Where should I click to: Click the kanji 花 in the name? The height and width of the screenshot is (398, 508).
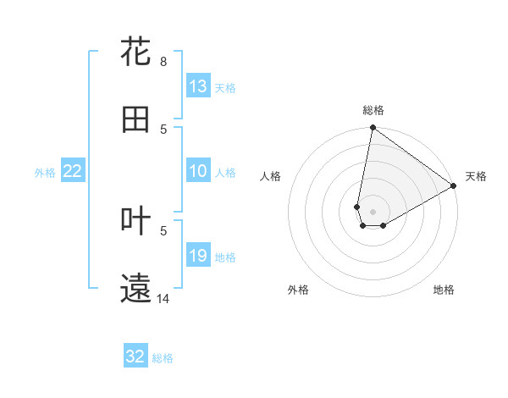[136, 52]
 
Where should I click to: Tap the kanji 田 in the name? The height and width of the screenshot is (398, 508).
[136, 119]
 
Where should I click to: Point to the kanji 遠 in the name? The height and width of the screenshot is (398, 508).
[136, 289]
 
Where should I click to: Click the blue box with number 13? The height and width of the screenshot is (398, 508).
[198, 86]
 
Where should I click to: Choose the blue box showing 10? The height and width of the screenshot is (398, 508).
[198, 172]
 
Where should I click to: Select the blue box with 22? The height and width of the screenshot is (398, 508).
[73, 172]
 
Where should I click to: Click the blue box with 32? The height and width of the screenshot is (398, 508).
[135, 357]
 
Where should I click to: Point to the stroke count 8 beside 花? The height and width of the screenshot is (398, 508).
[163, 62]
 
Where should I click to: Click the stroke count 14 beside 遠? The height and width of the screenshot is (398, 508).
[163, 299]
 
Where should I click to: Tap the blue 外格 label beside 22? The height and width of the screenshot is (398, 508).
[45, 173]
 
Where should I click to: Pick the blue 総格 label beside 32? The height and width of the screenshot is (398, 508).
[163, 358]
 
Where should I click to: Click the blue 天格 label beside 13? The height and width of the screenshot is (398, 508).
[224, 87]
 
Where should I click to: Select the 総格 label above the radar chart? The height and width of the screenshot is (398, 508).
[373, 110]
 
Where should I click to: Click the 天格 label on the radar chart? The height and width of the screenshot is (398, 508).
[476, 176]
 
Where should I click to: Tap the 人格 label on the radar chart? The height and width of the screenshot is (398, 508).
[271, 176]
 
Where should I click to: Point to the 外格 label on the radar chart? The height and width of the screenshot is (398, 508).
[298, 290]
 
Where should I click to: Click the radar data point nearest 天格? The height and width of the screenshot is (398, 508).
[454, 186]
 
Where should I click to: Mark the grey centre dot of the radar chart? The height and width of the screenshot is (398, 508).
[373, 212]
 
